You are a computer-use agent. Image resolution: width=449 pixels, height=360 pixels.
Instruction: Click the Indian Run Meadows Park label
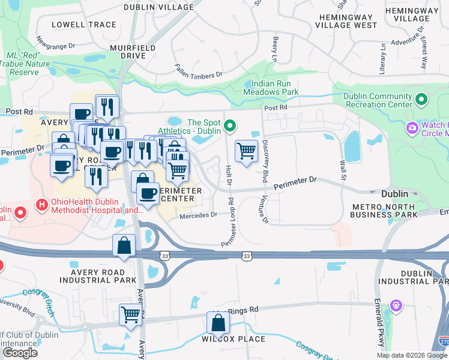click(271, 88)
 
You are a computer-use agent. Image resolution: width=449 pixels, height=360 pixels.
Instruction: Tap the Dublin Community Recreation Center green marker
click(422, 100)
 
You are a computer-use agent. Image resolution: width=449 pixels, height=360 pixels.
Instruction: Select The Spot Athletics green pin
click(229, 126)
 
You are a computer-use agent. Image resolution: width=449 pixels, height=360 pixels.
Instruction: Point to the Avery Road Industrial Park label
click(98, 275)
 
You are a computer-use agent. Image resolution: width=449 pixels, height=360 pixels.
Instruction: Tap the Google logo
click(20, 352)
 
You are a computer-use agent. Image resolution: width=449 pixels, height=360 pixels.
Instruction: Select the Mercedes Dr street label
click(197, 214)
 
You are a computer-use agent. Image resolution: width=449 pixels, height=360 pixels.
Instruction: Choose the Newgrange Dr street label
click(55, 44)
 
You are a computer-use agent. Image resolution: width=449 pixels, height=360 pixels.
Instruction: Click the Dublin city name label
click(395, 194)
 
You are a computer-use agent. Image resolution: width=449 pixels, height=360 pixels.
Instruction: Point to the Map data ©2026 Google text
click(411, 355)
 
